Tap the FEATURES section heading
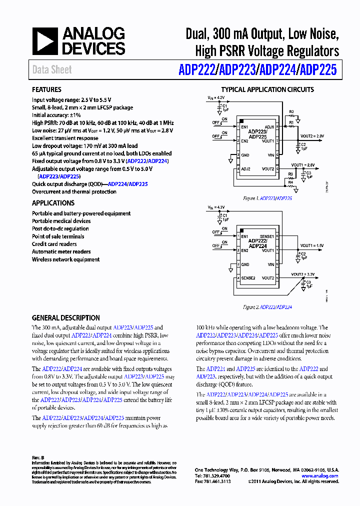(x=46, y=90)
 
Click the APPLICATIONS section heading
(x=53, y=203)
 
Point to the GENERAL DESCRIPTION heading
(x=65, y=318)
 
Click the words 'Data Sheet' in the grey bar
(x=52, y=70)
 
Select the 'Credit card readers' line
(x=54, y=244)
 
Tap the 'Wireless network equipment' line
(x=65, y=259)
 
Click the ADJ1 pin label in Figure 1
(x=269, y=127)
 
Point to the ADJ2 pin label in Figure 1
(x=245, y=169)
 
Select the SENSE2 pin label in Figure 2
(x=248, y=278)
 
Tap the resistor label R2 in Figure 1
(x=291, y=111)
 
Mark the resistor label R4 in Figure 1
(x=290, y=182)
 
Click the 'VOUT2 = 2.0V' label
(x=312, y=136)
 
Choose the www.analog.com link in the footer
(x=320, y=476)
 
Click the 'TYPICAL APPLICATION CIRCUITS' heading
(x=267, y=90)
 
